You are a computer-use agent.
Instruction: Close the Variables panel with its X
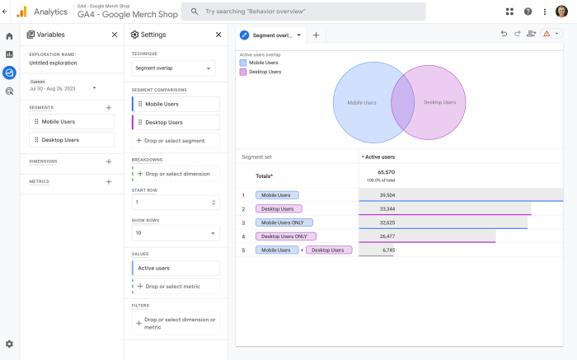(115, 35)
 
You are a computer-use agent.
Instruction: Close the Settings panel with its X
(218, 35)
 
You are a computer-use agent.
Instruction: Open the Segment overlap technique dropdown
(174, 68)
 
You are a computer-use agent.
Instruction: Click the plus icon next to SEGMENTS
(109, 108)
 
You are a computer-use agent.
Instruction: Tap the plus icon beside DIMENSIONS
(109, 161)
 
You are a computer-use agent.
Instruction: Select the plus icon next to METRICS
(109, 181)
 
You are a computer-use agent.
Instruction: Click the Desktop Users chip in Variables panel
(72, 140)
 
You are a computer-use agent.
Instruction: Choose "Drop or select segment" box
(176, 141)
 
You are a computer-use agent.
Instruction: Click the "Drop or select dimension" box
(176, 174)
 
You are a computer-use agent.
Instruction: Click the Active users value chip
(176, 268)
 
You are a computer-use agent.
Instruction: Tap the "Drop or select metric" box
(176, 287)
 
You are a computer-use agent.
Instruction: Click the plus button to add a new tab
(316, 35)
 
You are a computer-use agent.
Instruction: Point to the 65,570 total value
(387, 172)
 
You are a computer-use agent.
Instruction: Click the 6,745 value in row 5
(387, 250)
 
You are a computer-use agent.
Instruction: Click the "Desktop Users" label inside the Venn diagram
(439, 103)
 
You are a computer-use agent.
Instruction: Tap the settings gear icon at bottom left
(9, 344)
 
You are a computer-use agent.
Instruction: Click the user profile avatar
(561, 12)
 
